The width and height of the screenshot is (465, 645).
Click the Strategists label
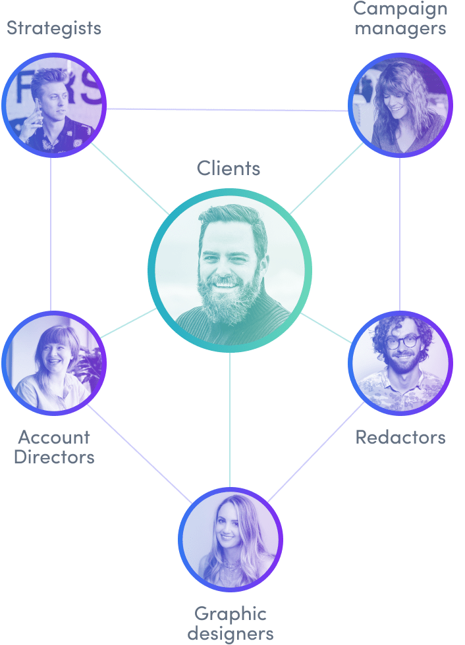click(54, 28)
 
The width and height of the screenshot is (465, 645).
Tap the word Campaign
click(400, 9)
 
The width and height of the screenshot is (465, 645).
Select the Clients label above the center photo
click(229, 168)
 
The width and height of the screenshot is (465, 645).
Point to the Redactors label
click(400, 437)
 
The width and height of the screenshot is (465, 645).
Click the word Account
click(54, 437)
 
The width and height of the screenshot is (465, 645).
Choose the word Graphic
click(231, 615)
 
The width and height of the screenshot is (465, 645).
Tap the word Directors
click(54, 457)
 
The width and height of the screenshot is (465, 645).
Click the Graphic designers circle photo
click(231, 539)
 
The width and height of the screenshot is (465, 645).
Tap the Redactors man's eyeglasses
click(402, 342)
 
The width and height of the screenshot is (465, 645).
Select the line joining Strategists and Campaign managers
click(227, 110)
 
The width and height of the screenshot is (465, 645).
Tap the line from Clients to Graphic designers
click(230, 421)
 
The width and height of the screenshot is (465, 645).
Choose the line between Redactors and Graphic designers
click(316, 451)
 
